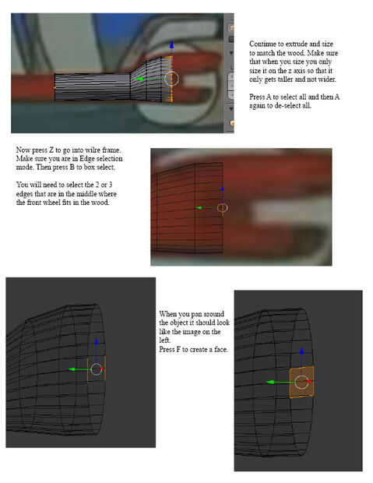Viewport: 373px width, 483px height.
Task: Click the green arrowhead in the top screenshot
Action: click(139, 79)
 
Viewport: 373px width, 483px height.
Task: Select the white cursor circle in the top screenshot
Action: click(171, 79)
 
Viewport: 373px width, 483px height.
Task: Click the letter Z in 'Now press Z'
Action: click(51, 150)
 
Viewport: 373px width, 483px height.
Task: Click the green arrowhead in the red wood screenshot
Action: click(199, 208)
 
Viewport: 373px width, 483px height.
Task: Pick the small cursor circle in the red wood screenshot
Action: click(222, 208)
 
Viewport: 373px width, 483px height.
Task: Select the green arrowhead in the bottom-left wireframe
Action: click(72, 369)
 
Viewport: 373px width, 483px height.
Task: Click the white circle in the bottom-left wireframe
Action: click(97, 369)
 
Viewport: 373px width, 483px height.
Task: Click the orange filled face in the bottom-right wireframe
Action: click(301, 382)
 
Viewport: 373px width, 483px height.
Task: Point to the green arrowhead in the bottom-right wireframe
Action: click(270, 383)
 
